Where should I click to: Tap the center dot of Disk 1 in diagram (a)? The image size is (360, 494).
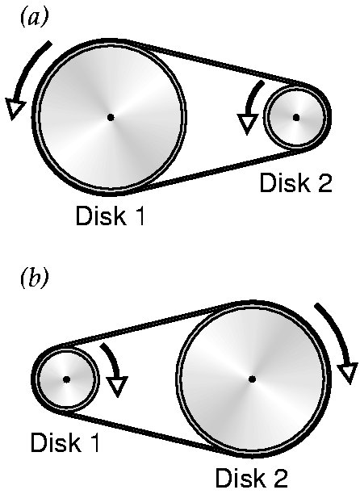click(x=111, y=118)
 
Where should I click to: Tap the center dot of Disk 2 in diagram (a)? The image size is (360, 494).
click(x=296, y=118)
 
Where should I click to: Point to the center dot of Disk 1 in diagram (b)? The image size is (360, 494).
click(x=66, y=379)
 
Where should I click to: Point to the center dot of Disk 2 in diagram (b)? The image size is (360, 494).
click(x=252, y=379)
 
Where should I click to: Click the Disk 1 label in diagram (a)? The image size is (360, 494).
click(x=110, y=216)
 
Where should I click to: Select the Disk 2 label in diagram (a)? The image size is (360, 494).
click(x=295, y=182)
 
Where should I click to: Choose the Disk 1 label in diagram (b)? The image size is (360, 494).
click(x=65, y=442)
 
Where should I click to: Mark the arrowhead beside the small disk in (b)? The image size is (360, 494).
click(x=117, y=387)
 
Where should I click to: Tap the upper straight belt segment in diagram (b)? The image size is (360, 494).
click(x=145, y=324)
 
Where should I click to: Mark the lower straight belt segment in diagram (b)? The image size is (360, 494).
click(x=145, y=433)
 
